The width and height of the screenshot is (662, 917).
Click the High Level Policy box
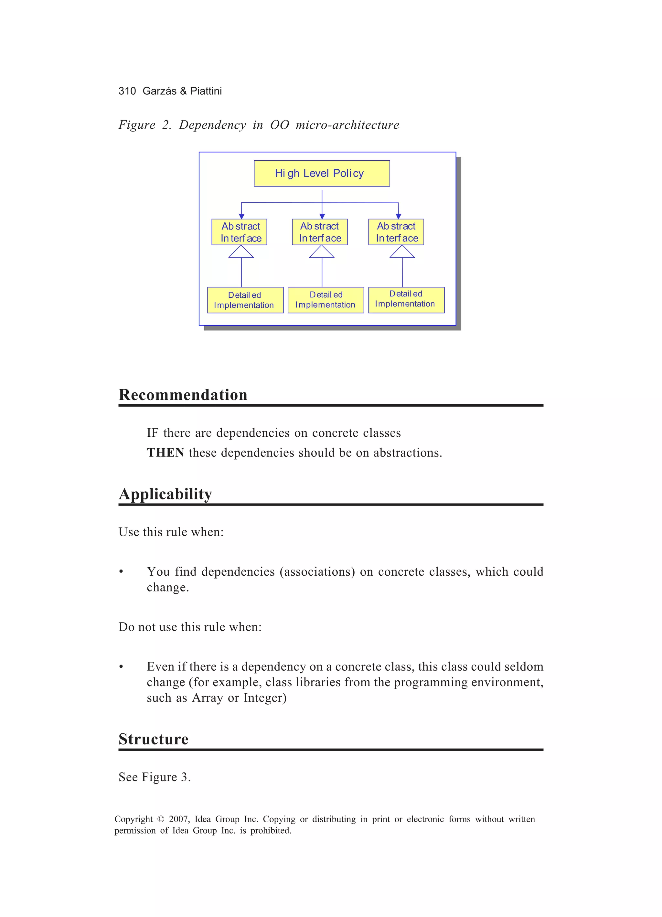pyautogui.click(x=322, y=174)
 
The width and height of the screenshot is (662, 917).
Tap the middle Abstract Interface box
pyautogui.click(x=319, y=232)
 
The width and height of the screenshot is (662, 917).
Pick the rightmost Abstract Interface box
pyautogui.click(x=396, y=232)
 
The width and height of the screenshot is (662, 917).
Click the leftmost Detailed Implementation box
pyautogui.click(x=245, y=300)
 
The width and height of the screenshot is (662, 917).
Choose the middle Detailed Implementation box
pyautogui.click(x=326, y=300)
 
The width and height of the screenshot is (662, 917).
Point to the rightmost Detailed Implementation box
pyautogui.click(x=406, y=300)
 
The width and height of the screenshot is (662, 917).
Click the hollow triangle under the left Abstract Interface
pyautogui.click(x=241, y=252)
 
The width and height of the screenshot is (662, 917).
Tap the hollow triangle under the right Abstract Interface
pyautogui.click(x=402, y=252)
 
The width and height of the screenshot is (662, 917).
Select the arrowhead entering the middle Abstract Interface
pyautogui.click(x=322, y=216)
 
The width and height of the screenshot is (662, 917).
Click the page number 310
pyautogui.click(x=127, y=91)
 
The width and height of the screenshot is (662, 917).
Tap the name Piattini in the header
pyautogui.click(x=206, y=91)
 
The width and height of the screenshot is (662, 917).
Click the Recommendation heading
pyautogui.click(x=183, y=395)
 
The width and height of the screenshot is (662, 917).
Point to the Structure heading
pyautogui.click(x=153, y=739)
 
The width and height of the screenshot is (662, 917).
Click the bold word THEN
pyautogui.click(x=165, y=453)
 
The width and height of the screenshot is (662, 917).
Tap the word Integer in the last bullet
pyautogui.click(x=264, y=698)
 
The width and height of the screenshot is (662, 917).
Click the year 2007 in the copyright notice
pyautogui.click(x=178, y=819)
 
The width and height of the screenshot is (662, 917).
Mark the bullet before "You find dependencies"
pyautogui.click(x=121, y=572)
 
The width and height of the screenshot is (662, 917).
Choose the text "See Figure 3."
pyautogui.click(x=155, y=777)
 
